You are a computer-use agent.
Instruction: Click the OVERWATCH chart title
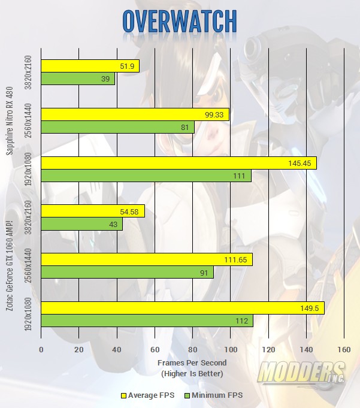(x=180, y=21)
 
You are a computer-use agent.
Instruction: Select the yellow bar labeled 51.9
(x=90, y=66)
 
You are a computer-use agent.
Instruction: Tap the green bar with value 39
(x=78, y=78)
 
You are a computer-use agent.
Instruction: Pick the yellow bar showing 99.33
(x=135, y=114)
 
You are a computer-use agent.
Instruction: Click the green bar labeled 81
(x=117, y=127)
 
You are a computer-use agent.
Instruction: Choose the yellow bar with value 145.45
(x=179, y=163)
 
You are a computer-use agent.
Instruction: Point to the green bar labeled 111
(x=146, y=176)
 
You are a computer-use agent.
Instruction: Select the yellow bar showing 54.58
(x=93, y=211)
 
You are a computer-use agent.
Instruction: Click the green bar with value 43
(x=81, y=223)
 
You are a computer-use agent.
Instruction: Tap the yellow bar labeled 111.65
(x=147, y=259)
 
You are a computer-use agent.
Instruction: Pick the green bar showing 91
(x=127, y=272)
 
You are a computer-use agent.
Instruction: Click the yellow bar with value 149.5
(x=183, y=308)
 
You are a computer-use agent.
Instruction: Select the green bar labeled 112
(x=147, y=321)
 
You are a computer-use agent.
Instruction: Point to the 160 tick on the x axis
(x=344, y=349)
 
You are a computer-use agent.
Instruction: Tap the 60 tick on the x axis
(x=155, y=349)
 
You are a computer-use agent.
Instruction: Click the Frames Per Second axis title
(x=191, y=363)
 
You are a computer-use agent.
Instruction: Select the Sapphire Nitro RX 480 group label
(x=10, y=114)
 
